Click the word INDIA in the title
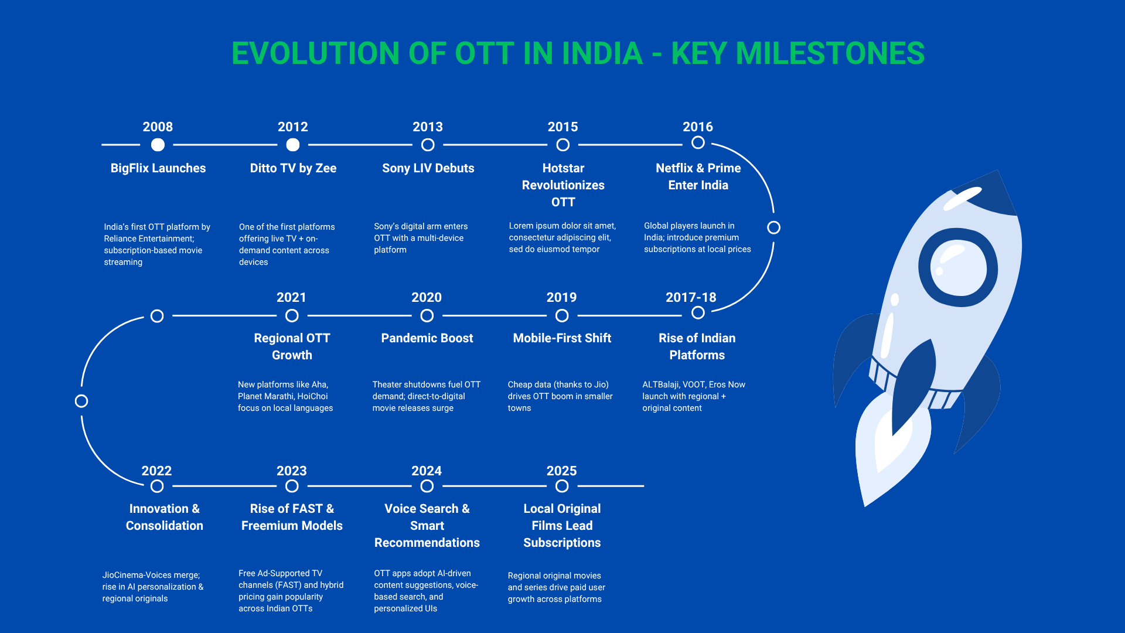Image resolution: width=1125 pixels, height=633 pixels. (602, 53)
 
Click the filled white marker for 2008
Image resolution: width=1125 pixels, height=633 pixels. (158, 145)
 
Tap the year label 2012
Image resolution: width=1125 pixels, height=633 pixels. (293, 127)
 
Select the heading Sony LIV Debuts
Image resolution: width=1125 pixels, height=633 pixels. (428, 168)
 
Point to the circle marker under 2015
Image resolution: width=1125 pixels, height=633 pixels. (563, 145)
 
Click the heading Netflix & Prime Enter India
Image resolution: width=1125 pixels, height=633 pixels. (698, 176)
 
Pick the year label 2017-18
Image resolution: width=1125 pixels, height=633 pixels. (691, 297)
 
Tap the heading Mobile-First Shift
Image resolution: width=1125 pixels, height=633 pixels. (562, 338)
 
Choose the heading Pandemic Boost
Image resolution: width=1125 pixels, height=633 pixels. (427, 338)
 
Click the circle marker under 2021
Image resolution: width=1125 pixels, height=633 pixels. (292, 316)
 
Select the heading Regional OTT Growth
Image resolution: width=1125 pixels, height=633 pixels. (292, 346)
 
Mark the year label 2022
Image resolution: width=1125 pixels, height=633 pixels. (156, 471)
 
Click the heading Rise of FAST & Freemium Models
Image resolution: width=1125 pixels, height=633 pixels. (292, 517)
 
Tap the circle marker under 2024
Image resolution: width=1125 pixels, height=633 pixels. (427, 486)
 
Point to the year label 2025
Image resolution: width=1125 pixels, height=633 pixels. (562, 471)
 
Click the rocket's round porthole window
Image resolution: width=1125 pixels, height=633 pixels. (958, 267)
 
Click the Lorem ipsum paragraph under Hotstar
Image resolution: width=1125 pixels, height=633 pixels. (562, 237)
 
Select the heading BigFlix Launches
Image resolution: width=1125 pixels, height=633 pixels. (158, 168)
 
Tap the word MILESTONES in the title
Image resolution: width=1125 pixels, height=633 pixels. (830, 53)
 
